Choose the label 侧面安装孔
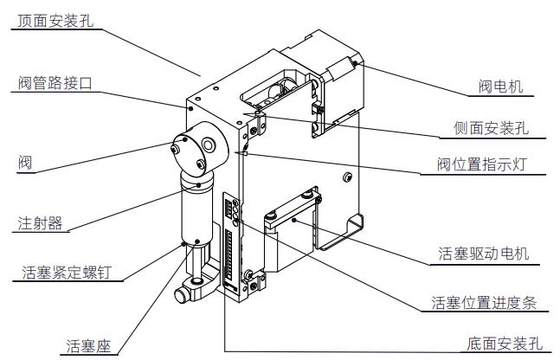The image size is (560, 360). (x=490, y=130)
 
